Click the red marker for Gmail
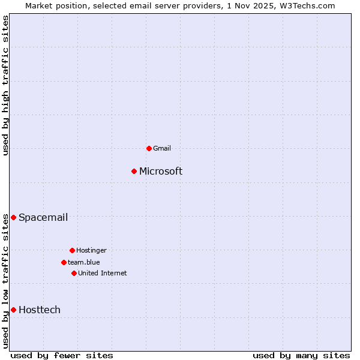coord(149,148)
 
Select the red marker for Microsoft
coord(134,171)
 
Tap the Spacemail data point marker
coord(13,217)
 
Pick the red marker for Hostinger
coord(72,250)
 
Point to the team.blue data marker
coord(64,262)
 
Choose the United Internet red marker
coord(74,273)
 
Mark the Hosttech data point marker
coord(13,310)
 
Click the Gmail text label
coord(162,148)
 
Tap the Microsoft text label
coord(161,171)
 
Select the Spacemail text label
coord(43,217)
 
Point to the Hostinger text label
coord(91,250)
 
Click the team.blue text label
coord(84,262)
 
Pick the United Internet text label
coord(103,273)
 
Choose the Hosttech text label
coord(40,310)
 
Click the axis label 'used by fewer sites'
coord(62,355)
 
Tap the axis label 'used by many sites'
coord(301,355)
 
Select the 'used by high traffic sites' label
coord(5,85)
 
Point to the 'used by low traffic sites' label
coord(5,281)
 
